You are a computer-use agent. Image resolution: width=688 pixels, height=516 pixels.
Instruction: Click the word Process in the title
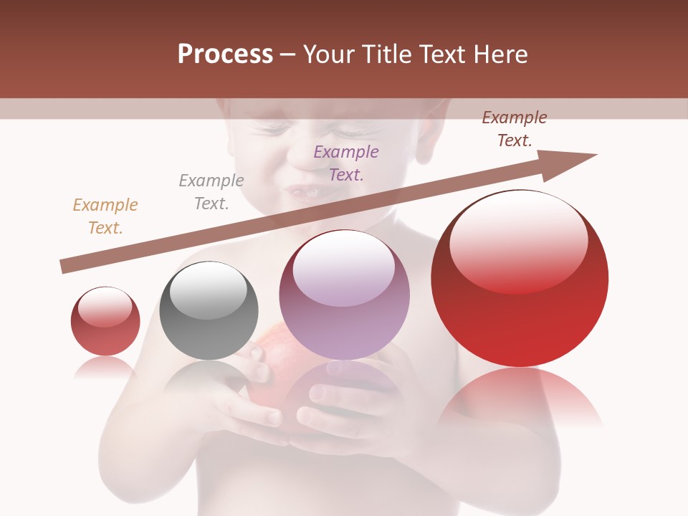pyautogui.click(x=225, y=54)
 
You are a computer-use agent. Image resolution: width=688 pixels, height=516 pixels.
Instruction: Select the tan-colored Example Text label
pyautogui.click(x=105, y=216)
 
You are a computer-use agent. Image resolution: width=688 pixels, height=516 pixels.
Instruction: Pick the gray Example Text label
pyautogui.click(x=211, y=191)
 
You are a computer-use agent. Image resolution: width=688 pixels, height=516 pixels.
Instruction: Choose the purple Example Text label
pyautogui.click(x=346, y=163)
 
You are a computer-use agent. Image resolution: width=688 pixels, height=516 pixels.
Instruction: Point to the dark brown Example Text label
pyautogui.click(x=515, y=129)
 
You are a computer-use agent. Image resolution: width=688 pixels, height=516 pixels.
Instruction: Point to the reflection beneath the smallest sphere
pyautogui.click(x=105, y=367)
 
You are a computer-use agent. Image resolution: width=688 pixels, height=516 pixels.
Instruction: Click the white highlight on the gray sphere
pyautogui.click(x=209, y=290)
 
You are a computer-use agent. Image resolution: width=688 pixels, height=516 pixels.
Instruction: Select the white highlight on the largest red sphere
pyautogui.click(x=519, y=240)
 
